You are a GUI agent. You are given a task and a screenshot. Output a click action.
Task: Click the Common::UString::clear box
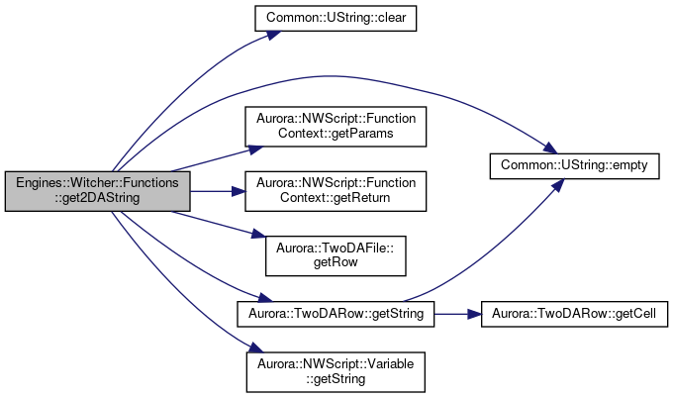click(x=336, y=18)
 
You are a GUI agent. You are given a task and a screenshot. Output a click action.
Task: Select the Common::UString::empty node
click(x=574, y=165)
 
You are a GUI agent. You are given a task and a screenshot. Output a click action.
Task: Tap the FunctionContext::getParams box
click(x=336, y=127)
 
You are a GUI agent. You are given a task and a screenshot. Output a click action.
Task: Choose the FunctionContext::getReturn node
click(x=336, y=191)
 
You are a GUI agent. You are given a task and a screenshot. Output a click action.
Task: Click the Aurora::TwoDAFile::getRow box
click(x=336, y=255)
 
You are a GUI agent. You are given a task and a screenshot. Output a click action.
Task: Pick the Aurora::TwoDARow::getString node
click(x=336, y=314)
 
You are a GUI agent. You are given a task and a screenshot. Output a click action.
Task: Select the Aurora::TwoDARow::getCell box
click(x=574, y=314)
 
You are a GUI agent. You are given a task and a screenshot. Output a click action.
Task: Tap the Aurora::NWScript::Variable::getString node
click(x=336, y=372)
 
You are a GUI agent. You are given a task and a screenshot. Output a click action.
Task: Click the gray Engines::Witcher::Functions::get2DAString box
click(x=97, y=191)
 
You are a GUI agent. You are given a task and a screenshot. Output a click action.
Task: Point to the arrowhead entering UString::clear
click(x=274, y=35)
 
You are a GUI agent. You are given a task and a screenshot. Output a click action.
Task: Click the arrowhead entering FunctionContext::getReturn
click(x=239, y=191)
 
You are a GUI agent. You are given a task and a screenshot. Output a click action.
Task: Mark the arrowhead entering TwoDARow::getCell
click(x=475, y=314)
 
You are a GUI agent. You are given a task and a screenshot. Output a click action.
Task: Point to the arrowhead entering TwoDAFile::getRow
click(x=258, y=234)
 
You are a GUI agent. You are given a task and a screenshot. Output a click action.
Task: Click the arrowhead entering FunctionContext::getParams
click(x=255, y=149)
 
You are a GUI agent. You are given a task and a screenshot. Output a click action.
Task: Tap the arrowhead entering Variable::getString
click(x=255, y=348)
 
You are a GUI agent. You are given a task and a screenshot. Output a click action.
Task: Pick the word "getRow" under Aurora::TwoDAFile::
click(x=336, y=262)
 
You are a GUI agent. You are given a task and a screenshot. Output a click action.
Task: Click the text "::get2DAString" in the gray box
click(x=97, y=198)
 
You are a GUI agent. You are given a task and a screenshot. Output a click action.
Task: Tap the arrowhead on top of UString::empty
click(x=550, y=149)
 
